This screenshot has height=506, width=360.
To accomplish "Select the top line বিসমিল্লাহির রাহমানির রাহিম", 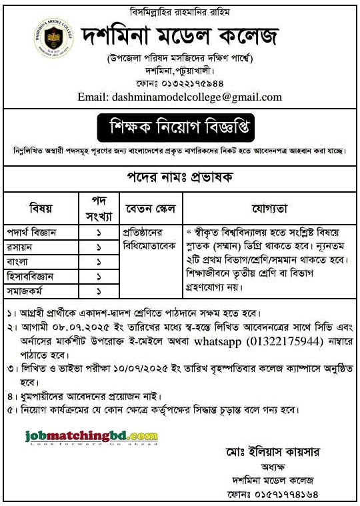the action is tap(180, 12).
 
